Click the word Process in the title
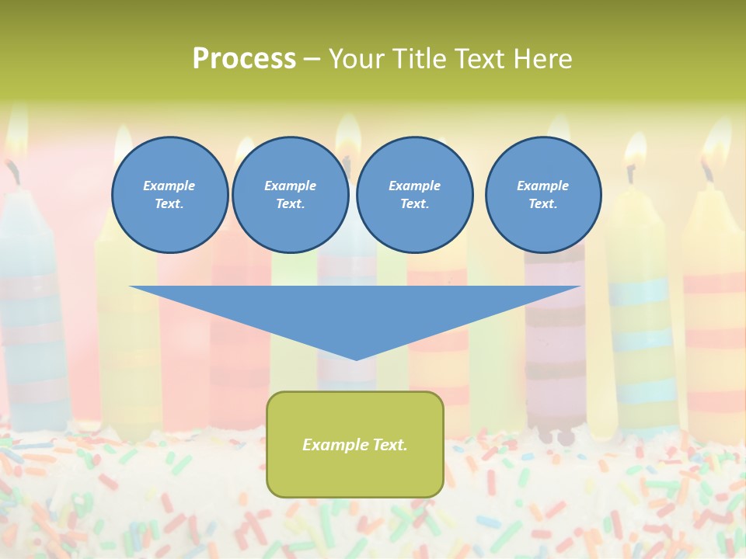pos(244,59)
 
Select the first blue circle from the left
pos(169,195)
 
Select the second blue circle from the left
pos(290,195)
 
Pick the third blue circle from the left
pos(414,195)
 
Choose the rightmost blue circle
pos(542,195)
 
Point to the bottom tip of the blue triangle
pos(356,359)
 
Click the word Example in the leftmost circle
pos(169,186)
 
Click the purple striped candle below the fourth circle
pos(554,326)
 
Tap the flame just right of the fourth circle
pos(635,151)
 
